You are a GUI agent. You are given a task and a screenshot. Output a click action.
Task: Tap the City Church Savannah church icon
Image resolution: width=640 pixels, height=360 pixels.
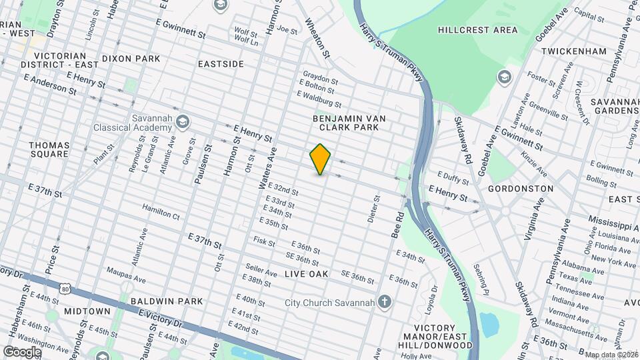coord(384,301)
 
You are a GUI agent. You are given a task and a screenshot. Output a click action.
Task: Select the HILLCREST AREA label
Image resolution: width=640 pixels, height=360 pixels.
coord(478,30)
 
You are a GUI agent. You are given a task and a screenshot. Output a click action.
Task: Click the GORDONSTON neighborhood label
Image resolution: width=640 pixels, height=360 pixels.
coord(521,189)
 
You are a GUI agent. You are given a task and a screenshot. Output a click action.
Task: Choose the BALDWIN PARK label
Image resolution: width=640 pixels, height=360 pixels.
coord(167,301)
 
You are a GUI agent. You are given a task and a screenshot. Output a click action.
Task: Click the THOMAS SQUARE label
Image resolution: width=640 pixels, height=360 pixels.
coord(49,149)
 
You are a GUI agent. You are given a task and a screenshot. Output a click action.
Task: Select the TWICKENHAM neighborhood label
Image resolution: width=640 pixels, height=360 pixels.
coord(574,51)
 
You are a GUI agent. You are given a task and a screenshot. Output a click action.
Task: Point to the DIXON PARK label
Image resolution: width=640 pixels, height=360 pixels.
coord(131,59)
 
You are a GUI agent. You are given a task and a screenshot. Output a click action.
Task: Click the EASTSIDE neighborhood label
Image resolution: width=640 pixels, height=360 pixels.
coord(221,64)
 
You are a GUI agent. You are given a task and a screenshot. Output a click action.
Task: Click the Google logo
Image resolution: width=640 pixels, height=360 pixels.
coord(23,351)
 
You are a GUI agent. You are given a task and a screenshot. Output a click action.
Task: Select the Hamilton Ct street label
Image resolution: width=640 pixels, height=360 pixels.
coord(161,215)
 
